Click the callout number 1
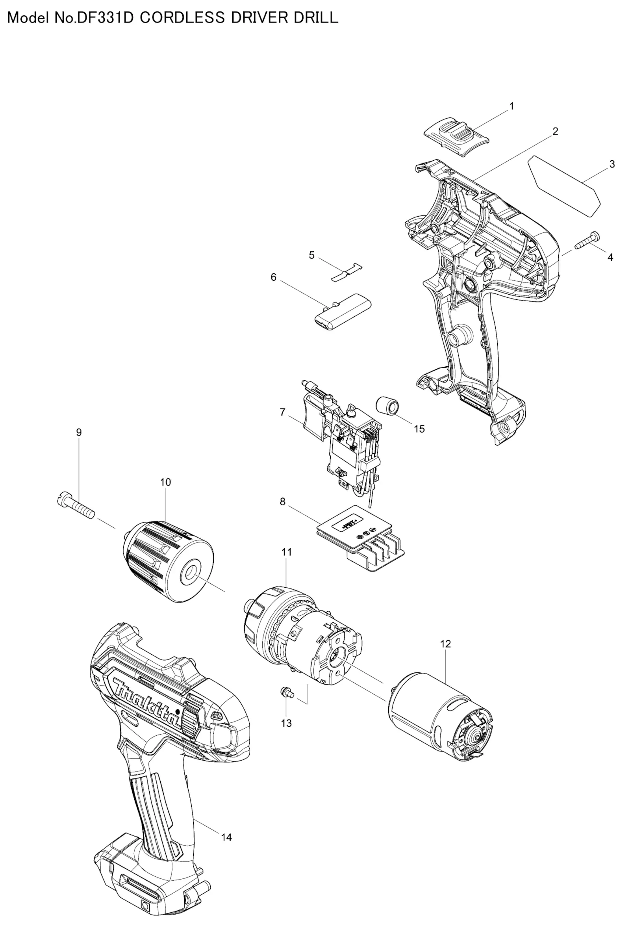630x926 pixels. coord(512,106)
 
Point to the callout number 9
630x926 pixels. coord(79,432)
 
